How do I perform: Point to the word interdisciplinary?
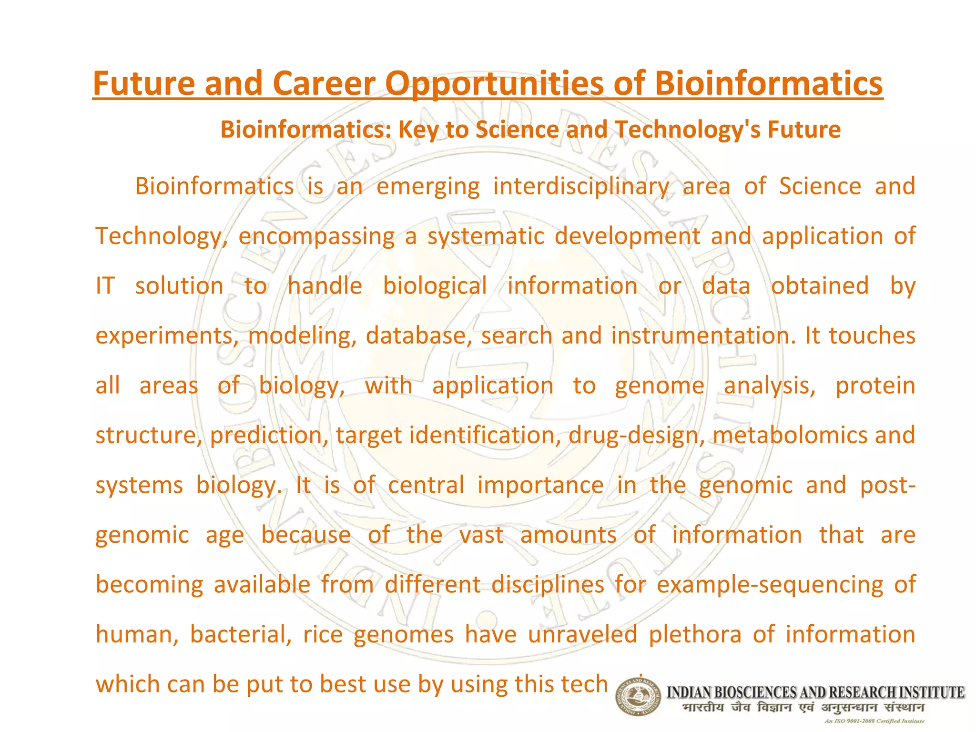click(x=580, y=186)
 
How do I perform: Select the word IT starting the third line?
click(x=105, y=286)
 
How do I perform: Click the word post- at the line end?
click(x=887, y=486)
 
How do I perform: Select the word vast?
click(x=481, y=535)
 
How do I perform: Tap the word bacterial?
click(x=241, y=634)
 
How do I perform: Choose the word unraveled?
click(x=582, y=634)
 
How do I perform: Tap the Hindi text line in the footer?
click(x=803, y=707)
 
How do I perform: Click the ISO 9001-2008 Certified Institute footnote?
click(x=874, y=721)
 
